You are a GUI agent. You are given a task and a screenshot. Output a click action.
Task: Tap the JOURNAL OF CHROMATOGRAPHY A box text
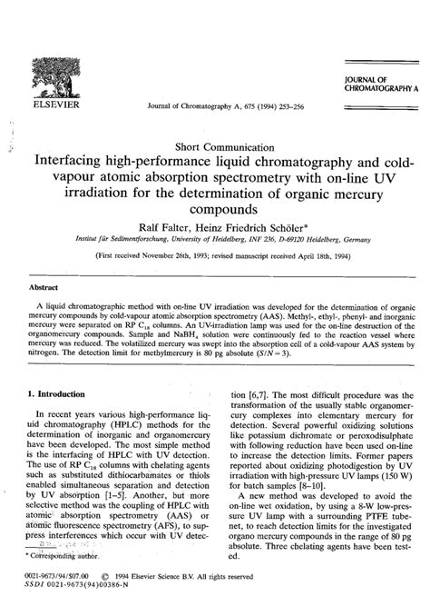coord(376,87)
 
